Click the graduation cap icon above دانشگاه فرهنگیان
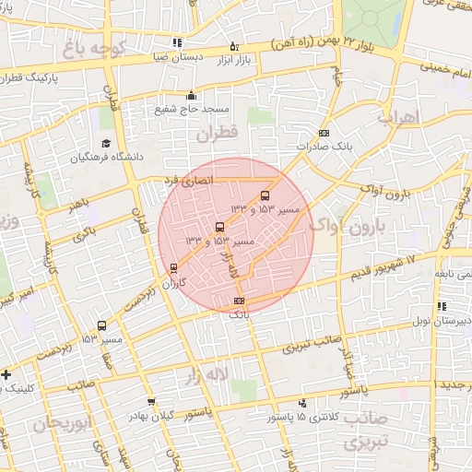[x=106, y=144]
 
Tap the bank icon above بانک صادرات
[x=322, y=134]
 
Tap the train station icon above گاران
[x=174, y=269]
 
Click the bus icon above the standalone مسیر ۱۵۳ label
[x=100, y=325]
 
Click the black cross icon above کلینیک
[x=6, y=373]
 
